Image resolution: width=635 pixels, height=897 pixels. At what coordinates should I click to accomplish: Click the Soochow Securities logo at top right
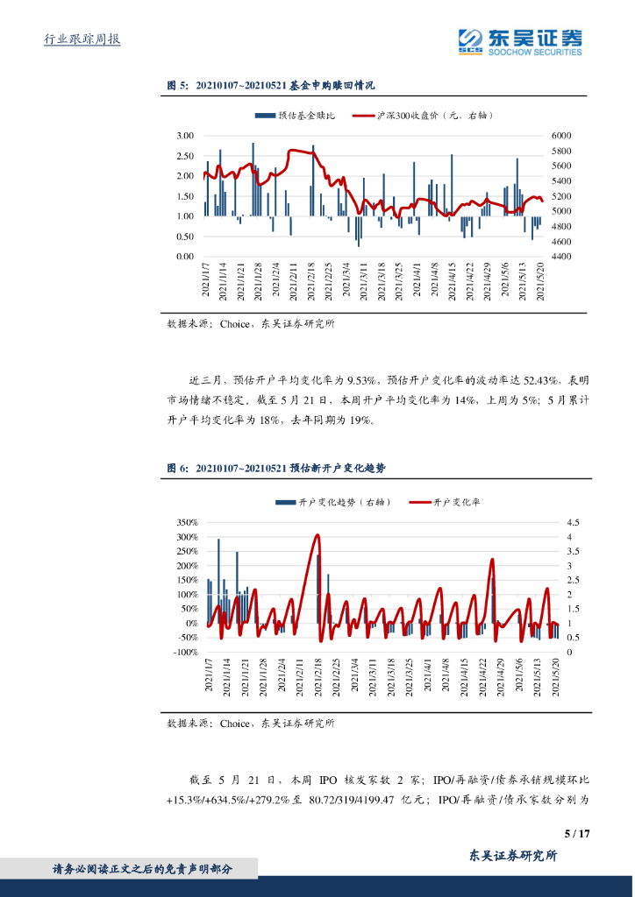[x=520, y=39]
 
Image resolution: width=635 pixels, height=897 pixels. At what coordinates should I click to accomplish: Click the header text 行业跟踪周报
[x=82, y=39]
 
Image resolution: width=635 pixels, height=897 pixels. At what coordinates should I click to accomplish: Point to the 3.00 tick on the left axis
[x=184, y=136]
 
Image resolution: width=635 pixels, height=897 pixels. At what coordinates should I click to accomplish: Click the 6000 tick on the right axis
[x=561, y=136]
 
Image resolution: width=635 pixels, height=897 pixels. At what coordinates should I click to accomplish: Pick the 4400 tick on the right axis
[x=561, y=257]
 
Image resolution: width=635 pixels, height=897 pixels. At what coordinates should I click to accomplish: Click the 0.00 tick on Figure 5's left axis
[x=184, y=257]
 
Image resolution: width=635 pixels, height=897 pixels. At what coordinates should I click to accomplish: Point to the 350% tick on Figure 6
[x=187, y=522]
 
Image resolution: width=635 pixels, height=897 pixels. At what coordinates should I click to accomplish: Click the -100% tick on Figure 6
[x=186, y=653]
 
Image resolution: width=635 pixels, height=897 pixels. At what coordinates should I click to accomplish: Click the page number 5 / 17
[x=577, y=833]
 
